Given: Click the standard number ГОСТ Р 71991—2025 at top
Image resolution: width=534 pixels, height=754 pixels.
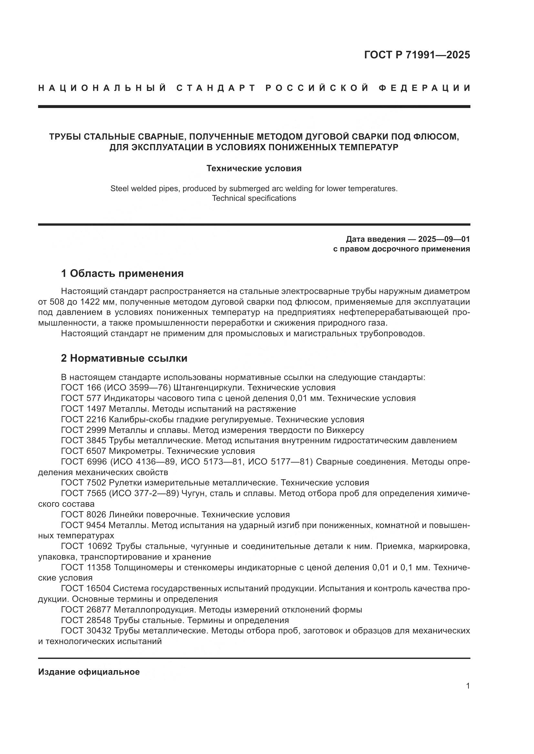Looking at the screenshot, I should (417, 55).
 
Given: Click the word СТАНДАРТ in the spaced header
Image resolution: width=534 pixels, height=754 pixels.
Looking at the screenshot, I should (216, 88).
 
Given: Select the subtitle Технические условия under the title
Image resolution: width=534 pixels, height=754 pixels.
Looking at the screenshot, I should (254, 169).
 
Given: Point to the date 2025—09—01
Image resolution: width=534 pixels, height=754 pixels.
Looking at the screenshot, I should (444, 239).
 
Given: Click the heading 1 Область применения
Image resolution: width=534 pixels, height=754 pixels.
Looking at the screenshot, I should (122, 273).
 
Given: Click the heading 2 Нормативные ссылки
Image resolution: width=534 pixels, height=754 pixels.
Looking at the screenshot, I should (124, 358).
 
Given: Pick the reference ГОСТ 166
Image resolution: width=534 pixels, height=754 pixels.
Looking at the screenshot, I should (81, 387).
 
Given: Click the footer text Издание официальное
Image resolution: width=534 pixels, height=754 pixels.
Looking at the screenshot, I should (89, 672).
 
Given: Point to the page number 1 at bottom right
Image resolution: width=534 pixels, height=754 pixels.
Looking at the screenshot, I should (468, 686).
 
